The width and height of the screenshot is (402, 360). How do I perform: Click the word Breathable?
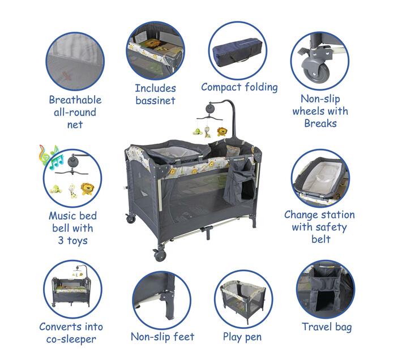tap(75, 100)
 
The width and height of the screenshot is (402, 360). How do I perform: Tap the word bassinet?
tap(155, 100)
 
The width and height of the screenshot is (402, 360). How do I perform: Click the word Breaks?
tap(320, 123)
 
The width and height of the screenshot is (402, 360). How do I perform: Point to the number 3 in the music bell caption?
tap(61, 241)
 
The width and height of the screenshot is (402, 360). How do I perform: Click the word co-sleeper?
tap(71, 339)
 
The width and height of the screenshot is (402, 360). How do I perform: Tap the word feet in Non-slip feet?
tap(184, 337)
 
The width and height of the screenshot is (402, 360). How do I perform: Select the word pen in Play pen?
tap(253, 337)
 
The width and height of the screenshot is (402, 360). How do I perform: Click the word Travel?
tap(317, 327)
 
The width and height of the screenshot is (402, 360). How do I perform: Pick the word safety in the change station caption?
tap(331, 228)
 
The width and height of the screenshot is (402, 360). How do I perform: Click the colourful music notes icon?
tap(51, 157)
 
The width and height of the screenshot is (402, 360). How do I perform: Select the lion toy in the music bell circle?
tap(87, 189)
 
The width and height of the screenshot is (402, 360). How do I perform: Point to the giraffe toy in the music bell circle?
tap(72, 191)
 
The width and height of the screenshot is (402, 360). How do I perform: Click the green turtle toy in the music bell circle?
tap(56, 190)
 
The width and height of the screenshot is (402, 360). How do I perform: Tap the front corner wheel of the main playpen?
tap(160, 255)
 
